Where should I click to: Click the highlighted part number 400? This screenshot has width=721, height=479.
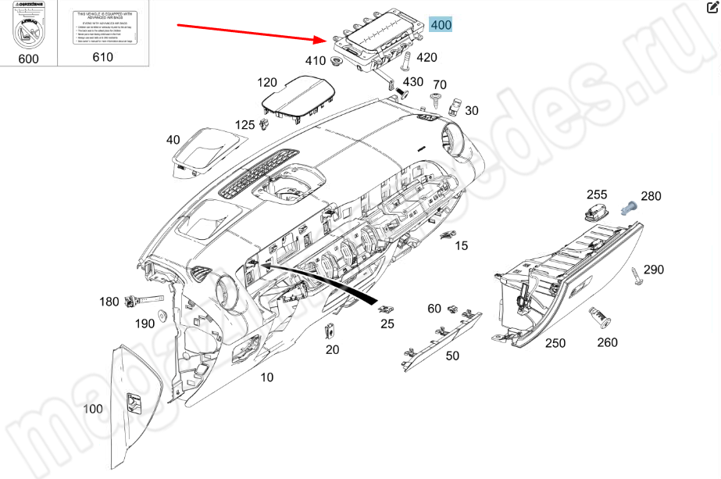click(x=441, y=25)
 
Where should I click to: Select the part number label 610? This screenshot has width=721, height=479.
click(x=102, y=56)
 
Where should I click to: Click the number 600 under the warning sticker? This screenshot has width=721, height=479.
click(x=28, y=59)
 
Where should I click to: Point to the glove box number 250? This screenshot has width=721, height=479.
click(x=555, y=343)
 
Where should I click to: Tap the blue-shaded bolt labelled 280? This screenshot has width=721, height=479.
click(x=628, y=208)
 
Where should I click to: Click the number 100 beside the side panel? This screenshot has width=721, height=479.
click(x=93, y=409)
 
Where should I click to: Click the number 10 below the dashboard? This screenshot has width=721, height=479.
click(x=267, y=377)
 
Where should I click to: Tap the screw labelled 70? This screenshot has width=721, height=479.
click(x=435, y=100)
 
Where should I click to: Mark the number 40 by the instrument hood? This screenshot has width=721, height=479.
click(x=173, y=140)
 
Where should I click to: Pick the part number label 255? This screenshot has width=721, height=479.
click(x=597, y=195)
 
